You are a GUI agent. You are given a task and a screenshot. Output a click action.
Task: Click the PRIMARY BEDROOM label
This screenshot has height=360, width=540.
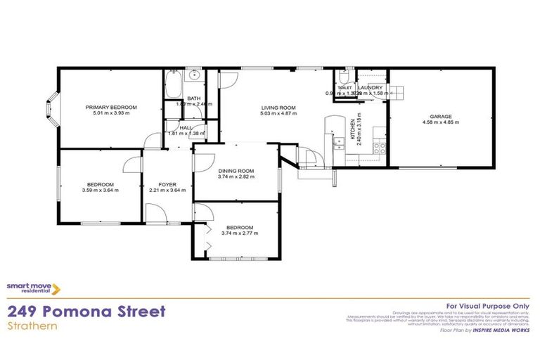click(x=111, y=107)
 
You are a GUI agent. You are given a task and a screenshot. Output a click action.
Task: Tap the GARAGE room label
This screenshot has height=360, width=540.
click(x=441, y=116)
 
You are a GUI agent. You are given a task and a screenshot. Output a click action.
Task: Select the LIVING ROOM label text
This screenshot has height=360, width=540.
click(x=278, y=108)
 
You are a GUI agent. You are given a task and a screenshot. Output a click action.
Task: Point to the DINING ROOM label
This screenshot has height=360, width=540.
click(x=236, y=171)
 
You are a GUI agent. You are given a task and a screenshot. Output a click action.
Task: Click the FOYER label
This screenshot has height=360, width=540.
click(x=167, y=184)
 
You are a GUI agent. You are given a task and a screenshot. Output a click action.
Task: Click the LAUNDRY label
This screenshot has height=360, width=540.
click(x=370, y=87)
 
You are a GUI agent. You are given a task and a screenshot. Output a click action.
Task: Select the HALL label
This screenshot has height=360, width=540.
click(x=186, y=127)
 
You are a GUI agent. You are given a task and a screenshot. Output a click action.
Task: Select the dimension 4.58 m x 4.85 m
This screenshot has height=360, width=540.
click(x=441, y=122)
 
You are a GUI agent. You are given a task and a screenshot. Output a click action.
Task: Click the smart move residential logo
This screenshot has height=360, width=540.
click(x=33, y=288)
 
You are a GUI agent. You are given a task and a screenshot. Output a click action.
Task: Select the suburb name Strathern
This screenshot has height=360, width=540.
click(x=29, y=326)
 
